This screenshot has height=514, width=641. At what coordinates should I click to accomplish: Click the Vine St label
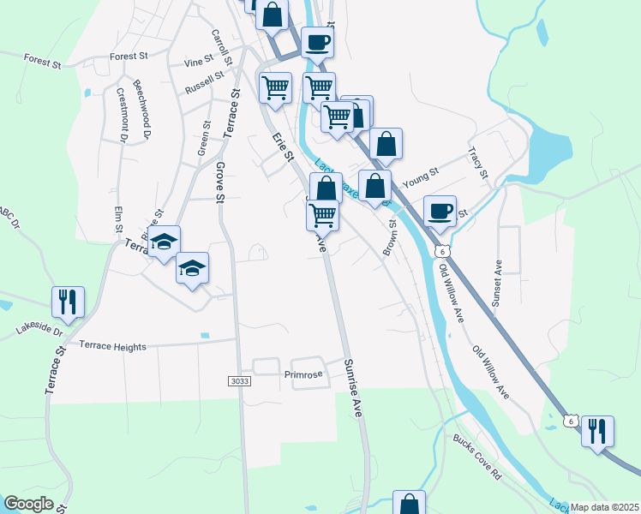click(198, 63)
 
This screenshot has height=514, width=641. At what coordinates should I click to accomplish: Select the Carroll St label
click(221, 48)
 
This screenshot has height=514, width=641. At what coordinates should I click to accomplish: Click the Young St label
click(420, 177)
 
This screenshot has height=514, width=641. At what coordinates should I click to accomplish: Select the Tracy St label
click(478, 162)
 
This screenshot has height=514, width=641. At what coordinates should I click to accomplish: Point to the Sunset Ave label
click(496, 284)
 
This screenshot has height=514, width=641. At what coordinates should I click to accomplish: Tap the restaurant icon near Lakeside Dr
click(67, 302)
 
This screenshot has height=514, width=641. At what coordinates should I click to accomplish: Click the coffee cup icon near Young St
click(440, 212)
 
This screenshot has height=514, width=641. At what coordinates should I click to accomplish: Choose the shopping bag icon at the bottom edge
click(409, 503)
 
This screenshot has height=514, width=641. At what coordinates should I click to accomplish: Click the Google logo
click(29, 504)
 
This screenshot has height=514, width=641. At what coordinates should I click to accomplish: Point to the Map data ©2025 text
click(603, 507)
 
